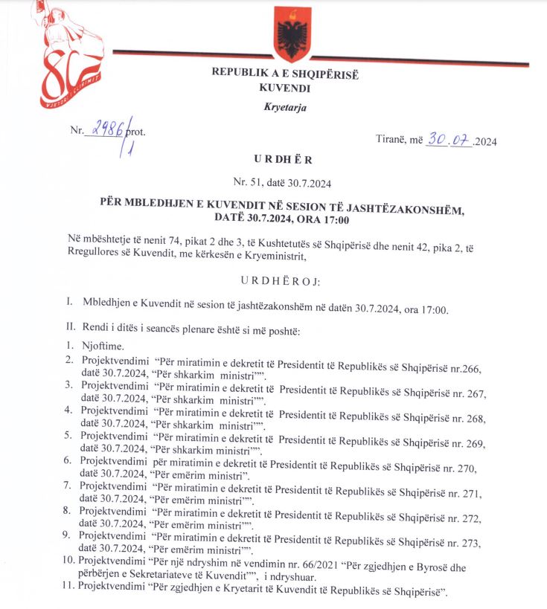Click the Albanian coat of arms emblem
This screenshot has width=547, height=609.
click(x=291, y=34)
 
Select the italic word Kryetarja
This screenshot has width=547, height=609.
click(x=284, y=107)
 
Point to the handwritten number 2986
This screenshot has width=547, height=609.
click(x=106, y=129)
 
